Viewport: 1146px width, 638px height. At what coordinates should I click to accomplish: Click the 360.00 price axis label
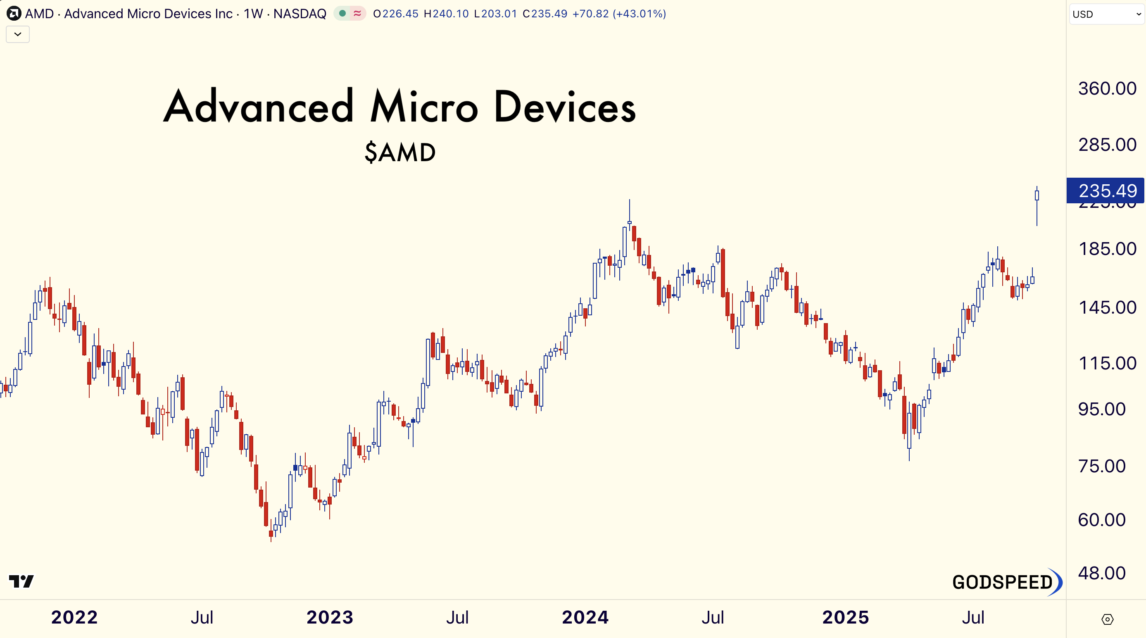[x=1107, y=88]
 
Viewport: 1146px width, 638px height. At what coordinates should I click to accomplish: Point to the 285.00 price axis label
[x=1107, y=145]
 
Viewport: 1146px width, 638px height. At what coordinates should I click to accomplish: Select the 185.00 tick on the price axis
[x=1107, y=249]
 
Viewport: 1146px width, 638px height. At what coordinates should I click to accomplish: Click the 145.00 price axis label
[x=1107, y=307]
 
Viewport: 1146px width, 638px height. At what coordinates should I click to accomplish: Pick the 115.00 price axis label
[x=1107, y=364]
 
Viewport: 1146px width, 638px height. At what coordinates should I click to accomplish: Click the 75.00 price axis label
[x=1101, y=466]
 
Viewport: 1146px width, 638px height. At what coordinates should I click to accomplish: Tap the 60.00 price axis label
[x=1101, y=520]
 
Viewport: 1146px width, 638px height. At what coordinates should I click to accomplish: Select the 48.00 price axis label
[x=1101, y=573]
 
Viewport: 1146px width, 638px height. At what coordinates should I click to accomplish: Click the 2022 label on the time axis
[x=74, y=617]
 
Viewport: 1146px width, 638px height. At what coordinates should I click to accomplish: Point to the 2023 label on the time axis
[x=330, y=617]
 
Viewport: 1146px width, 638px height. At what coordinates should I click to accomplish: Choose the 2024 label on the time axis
[x=585, y=617]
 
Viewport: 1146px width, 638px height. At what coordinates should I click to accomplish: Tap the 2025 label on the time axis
[x=845, y=617]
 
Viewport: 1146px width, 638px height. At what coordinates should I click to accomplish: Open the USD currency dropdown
[x=1106, y=14]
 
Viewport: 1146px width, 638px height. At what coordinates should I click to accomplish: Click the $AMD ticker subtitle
[x=400, y=152]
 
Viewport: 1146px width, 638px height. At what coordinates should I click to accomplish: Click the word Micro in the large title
[x=424, y=107]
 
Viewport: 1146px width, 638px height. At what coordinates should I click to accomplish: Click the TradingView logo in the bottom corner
[x=21, y=581]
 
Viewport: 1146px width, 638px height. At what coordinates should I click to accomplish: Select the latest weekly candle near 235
[x=1037, y=196]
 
